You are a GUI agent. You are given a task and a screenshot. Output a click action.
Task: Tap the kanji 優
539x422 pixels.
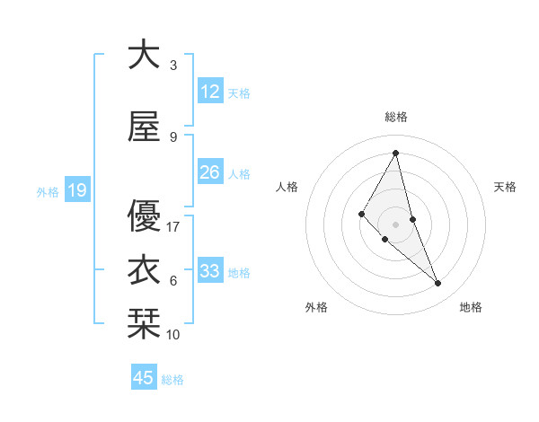(x=144, y=215)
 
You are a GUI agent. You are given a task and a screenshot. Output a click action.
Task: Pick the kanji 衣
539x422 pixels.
(x=144, y=270)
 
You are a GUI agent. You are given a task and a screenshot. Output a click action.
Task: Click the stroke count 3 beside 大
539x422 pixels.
(x=173, y=66)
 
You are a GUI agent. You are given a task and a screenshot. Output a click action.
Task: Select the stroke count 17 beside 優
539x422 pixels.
(x=174, y=227)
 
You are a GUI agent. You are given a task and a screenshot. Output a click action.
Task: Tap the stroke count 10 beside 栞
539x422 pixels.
(x=174, y=335)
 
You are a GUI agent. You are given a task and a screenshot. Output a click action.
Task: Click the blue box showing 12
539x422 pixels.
(x=210, y=92)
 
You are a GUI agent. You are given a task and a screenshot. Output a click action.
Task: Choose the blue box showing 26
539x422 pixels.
(x=210, y=172)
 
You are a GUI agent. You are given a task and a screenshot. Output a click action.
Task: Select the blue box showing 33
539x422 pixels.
(x=210, y=271)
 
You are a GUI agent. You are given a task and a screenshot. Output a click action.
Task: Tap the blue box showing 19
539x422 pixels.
(x=76, y=190)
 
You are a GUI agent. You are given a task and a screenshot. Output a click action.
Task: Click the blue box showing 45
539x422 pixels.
(x=144, y=378)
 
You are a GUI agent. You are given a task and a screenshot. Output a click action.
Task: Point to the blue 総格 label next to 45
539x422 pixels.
(x=172, y=380)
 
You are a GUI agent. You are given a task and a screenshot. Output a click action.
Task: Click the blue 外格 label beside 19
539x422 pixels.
(x=48, y=191)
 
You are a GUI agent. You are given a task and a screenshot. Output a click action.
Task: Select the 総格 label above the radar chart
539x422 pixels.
(x=396, y=117)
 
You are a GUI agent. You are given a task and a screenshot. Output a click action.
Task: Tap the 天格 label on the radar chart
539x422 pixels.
(x=506, y=187)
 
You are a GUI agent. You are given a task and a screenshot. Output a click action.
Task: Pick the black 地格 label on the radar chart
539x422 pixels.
(x=471, y=307)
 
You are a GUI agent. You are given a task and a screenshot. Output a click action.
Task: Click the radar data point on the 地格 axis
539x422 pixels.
(x=438, y=283)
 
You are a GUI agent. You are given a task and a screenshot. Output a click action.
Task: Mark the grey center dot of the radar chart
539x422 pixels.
(x=395, y=224)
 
